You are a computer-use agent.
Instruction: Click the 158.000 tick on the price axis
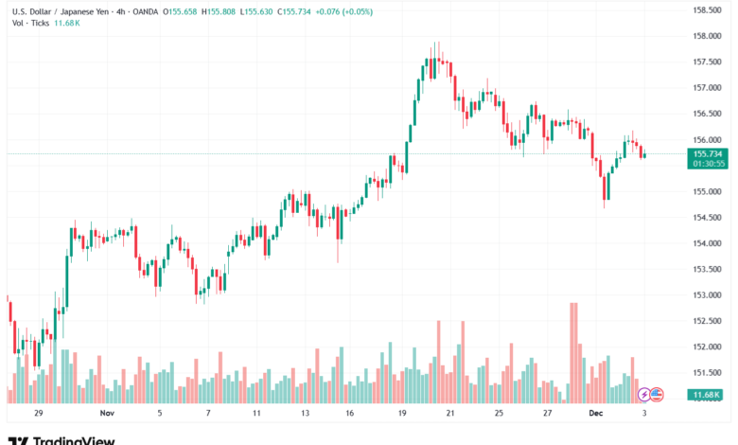pyautogui.click(x=708, y=36)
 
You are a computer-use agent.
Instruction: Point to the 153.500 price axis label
pyautogui.click(x=708, y=269)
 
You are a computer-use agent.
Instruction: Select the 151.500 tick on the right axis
pyautogui.click(x=708, y=372)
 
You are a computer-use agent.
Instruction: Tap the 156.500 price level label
pyautogui.click(x=708, y=114)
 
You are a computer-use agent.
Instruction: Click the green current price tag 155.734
pyautogui.click(x=709, y=153)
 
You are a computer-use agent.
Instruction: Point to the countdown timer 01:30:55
pyautogui.click(x=709, y=163)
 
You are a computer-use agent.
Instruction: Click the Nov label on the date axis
pyautogui.click(x=107, y=414)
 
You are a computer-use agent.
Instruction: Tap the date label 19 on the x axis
pyautogui.click(x=402, y=414)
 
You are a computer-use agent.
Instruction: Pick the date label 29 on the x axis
pyautogui.click(x=38, y=414)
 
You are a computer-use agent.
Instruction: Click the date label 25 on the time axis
pyautogui.click(x=498, y=414)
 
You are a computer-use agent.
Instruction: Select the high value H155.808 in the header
pyautogui.click(x=225, y=11)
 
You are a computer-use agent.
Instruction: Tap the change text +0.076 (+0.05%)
pyautogui.click(x=348, y=11)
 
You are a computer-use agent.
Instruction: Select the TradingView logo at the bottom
pyautogui.click(x=61, y=438)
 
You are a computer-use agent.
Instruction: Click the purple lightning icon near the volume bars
pyautogui.click(x=644, y=394)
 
